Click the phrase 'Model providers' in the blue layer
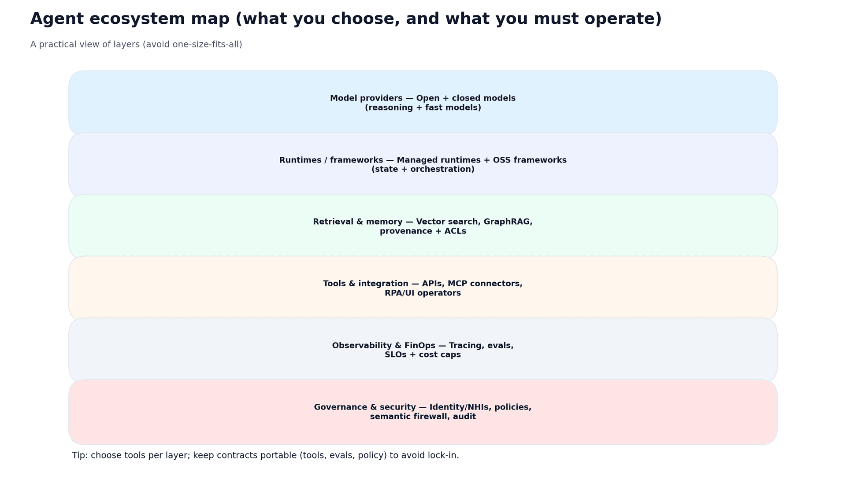coord(366,98)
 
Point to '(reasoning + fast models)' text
coord(423,108)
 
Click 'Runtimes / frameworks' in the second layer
coord(331,160)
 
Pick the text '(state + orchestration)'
coord(423,170)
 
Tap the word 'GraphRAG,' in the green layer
coord(508,222)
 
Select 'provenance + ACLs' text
coord(423,231)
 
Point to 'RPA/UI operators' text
coord(423,293)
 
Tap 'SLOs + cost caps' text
coord(423,355)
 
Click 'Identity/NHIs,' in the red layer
coord(460,407)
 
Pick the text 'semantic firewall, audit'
coord(423,417)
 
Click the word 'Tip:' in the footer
coord(80,455)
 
